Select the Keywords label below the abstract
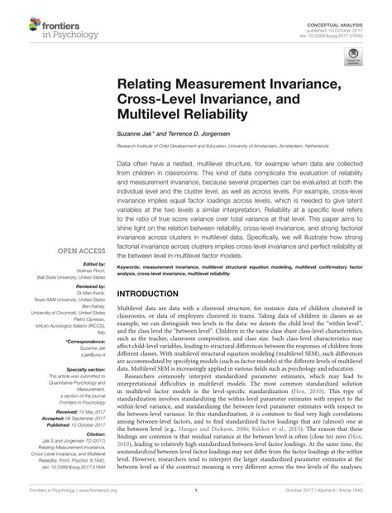(133, 268)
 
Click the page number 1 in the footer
(196, 502)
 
